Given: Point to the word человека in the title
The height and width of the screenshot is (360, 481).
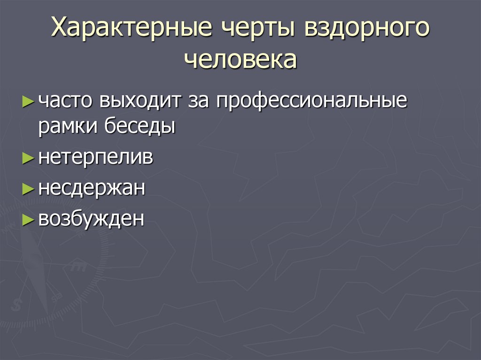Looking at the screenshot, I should [240, 60].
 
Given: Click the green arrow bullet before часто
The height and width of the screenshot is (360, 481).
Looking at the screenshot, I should [28, 101].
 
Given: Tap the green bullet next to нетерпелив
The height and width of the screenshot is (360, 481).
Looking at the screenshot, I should [28, 159].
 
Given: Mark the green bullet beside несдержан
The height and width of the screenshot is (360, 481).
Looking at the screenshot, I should [28, 189].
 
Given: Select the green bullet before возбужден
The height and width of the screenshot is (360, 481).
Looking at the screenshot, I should [28, 219].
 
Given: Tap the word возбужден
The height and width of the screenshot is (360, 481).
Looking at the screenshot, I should [91, 219].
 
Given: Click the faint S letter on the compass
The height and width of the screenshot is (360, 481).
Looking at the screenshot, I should [17, 304].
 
